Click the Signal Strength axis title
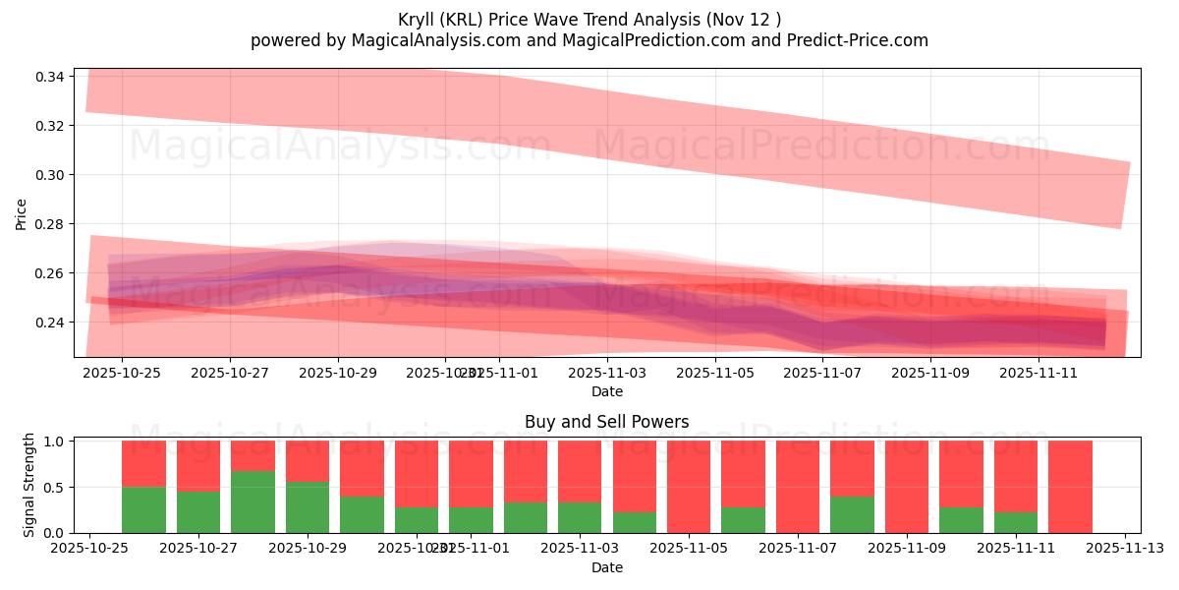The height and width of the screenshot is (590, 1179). [x=29, y=485]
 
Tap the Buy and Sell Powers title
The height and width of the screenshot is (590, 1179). [x=606, y=422]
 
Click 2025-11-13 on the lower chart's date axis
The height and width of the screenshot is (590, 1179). [x=1124, y=548]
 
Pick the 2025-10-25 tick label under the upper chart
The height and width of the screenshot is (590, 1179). [x=122, y=373]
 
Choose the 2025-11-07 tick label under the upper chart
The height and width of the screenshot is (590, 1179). [x=823, y=373]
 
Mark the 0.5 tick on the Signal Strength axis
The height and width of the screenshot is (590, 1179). [x=54, y=487]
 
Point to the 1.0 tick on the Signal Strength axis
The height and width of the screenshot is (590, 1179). [x=54, y=442]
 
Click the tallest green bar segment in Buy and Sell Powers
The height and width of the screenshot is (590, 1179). [x=253, y=501]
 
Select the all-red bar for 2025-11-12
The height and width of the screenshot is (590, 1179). [x=1070, y=487]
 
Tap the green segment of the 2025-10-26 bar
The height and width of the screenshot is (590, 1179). [x=143, y=509]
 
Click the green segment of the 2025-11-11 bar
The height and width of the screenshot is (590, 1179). [x=1016, y=522]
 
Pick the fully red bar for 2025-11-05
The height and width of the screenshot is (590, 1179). [x=689, y=487]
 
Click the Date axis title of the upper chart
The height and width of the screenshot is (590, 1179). [x=606, y=391]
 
